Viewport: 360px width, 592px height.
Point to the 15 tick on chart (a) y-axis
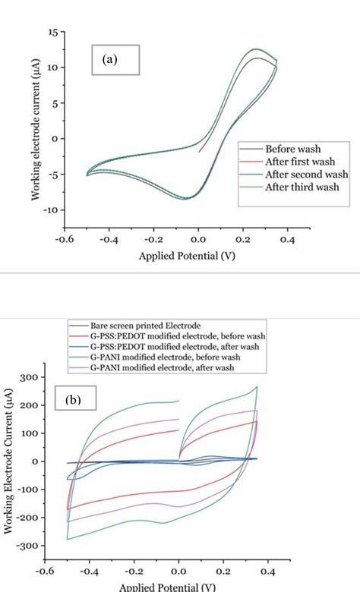(x=52, y=33)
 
